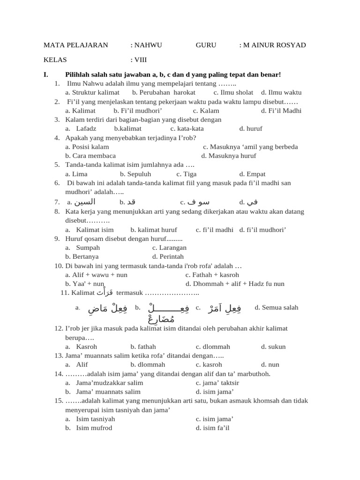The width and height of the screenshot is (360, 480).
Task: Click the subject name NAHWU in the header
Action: click(148, 45)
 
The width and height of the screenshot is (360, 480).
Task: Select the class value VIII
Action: click(141, 60)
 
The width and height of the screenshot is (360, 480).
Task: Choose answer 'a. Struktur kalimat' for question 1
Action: click(92, 92)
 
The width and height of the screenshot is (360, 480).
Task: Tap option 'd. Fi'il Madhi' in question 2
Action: click(281, 111)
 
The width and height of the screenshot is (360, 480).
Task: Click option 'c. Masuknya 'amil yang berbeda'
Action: click(250, 147)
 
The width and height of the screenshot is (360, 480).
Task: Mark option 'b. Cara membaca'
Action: click(90, 156)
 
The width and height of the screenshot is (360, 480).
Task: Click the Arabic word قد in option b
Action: click(131, 202)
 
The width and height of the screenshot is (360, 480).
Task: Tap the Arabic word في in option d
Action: click(253, 202)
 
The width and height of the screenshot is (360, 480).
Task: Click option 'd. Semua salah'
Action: click(276, 307)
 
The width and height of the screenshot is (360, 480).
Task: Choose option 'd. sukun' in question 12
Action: click(273, 346)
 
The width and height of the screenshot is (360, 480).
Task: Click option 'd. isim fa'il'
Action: click(212, 427)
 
